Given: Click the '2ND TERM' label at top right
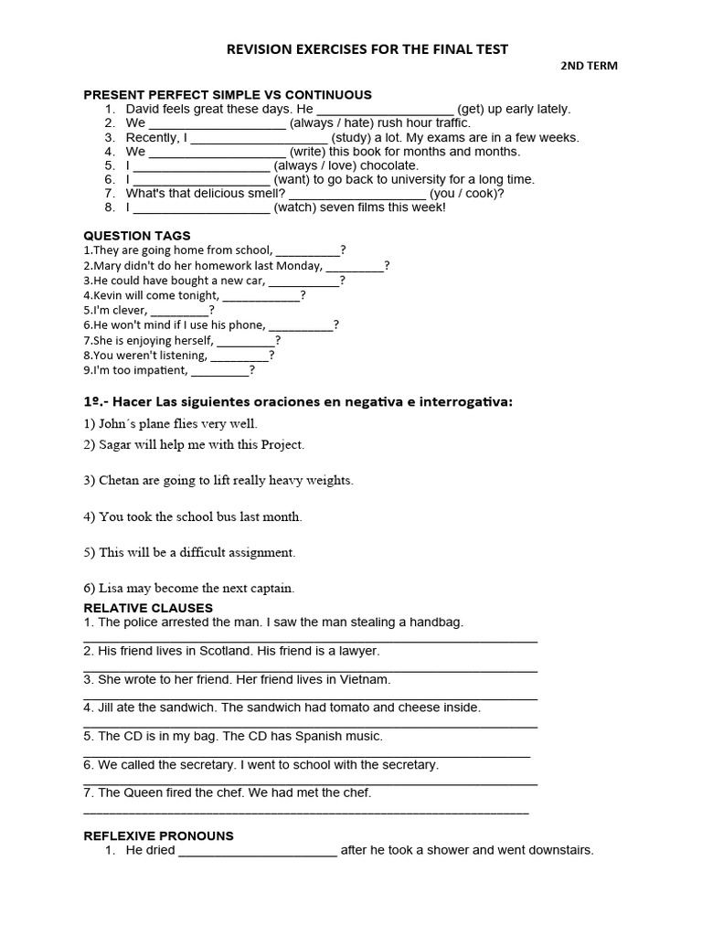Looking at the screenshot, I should tap(589, 66).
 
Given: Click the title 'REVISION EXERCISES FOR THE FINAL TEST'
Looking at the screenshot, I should tap(367, 48).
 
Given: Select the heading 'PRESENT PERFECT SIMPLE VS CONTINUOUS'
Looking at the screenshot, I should tap(228, 95).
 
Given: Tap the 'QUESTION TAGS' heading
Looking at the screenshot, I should tap(137, 236).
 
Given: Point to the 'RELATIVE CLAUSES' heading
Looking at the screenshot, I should tap(148, 608).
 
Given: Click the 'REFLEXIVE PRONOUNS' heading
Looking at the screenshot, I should tap(159, 835).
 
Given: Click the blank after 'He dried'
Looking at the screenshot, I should tap(258, 851).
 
